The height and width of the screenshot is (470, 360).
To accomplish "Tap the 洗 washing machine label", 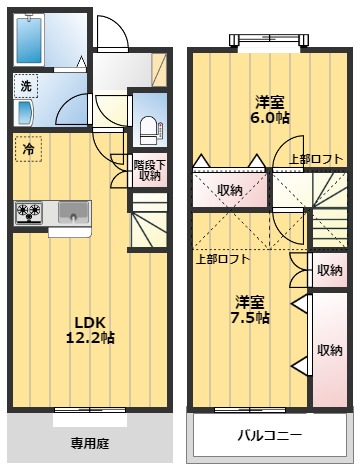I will [x=27, y=86].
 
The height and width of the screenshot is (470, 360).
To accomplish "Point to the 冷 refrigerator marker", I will [x=28, y=149].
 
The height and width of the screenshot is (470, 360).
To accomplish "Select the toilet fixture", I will [x=149, y=126].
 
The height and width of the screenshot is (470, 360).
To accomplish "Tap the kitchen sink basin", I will [x=72, y=211].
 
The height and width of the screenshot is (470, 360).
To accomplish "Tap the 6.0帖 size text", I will [x=267, y=117].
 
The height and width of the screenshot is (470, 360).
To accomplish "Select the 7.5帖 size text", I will [x=251, y=317].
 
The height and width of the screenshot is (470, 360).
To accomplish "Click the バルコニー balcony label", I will [x=269, y=435].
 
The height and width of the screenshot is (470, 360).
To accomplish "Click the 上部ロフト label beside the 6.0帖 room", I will [x=315, y=159].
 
